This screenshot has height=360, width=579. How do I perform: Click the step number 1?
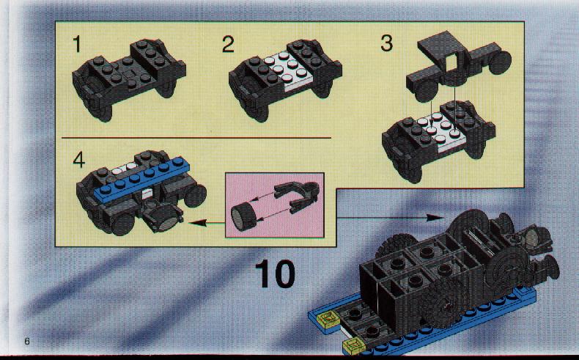(76, 44)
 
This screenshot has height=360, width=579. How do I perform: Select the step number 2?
(228, 44)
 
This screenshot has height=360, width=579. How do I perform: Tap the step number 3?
(386, 43)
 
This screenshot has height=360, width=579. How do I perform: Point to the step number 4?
(78, 160)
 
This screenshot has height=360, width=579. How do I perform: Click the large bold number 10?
(275, 273)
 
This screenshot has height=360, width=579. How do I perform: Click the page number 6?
(26, 341)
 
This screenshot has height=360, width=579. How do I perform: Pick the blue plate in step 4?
(142, 179)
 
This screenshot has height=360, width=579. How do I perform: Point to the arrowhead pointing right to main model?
(435, 218)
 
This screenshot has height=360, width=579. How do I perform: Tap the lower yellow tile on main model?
(353, 345)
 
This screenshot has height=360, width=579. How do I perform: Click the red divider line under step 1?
(196, 137)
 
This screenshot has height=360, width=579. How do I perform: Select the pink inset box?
(275, 205)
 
